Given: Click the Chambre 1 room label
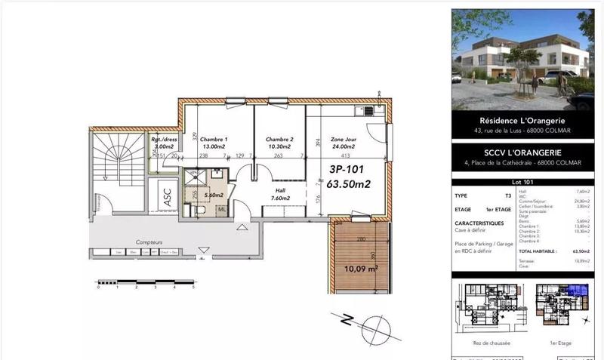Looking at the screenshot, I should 214,140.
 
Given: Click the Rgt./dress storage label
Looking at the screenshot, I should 165,140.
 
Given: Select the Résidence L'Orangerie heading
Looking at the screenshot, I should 523,121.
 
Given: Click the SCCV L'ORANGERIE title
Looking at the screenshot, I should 523,152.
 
